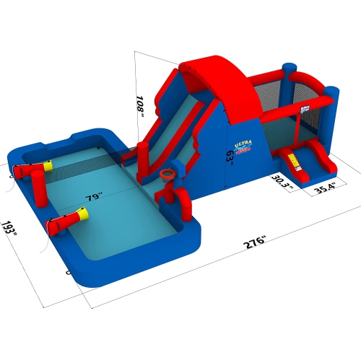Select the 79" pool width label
[x=93, y=196]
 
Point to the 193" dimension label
[x=9, y=231]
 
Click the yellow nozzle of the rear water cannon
[x=48, y=166]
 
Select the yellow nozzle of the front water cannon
[x=82, y=214]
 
